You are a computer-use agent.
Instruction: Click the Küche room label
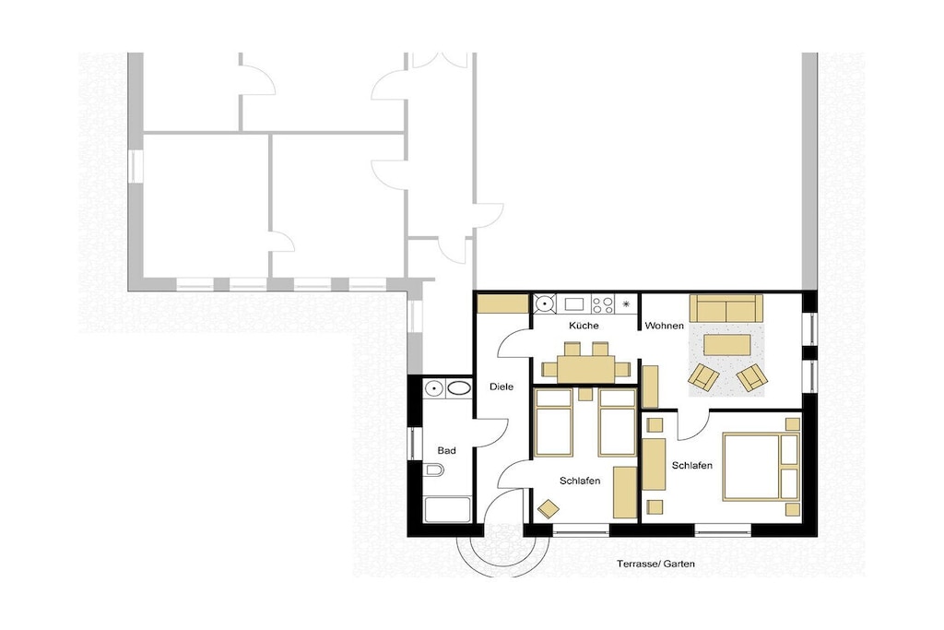point(584,326)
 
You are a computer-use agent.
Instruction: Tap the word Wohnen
point(664,326)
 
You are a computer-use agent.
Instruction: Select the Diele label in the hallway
point(501,386)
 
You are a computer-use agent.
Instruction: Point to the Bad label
point(446,450)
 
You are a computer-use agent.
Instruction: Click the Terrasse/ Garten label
point(655,564)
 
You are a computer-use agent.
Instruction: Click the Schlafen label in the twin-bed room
point(580,481)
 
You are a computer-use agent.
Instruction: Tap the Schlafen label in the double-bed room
point(692,466)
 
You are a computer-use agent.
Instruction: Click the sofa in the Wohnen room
point(726,308)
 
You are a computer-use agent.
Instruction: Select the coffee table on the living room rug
point(727,345)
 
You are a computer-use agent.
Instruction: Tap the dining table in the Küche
point(585,369)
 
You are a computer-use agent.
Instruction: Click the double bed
point(761,466)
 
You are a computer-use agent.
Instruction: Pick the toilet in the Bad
point(433,470)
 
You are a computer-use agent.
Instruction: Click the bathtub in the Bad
point(447,509)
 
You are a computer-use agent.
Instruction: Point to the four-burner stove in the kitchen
point(603,304)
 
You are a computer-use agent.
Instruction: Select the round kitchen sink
point(545,303)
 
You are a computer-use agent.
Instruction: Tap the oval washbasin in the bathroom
point(460,388)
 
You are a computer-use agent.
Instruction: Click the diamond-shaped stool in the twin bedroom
point(548,509)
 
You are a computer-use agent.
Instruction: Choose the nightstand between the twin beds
point(584,394)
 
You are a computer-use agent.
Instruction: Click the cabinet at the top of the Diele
point(502,303)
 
